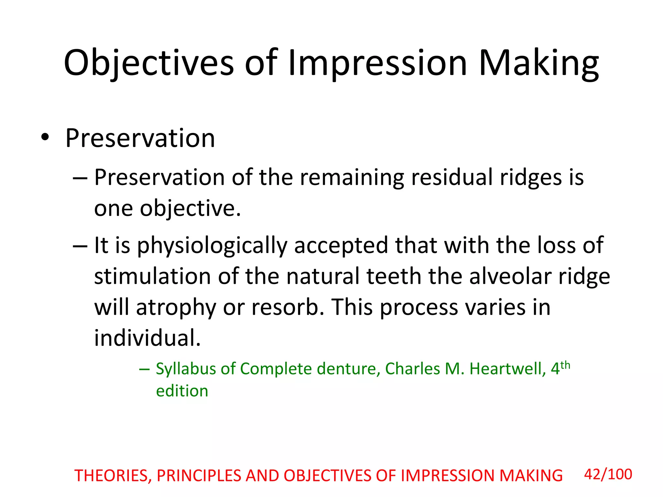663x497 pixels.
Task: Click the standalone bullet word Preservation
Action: pyautogui.click(x=140, y=138)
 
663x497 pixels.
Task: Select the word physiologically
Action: pyautogui.click(x=212, y=245)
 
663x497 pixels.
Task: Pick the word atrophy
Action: pyautogui.click(x=176, y=307)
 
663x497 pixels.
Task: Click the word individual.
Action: pyautogui.click(x=147, y=338)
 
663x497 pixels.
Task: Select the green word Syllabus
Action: pyautogui.click(x=186, y=369)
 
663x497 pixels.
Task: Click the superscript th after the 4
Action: pyautogui.click(x=565, y=365)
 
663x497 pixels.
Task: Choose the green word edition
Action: pyautogui.click(x=182, y=391)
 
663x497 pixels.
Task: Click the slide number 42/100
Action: pyautogui.click(x=608, y=474)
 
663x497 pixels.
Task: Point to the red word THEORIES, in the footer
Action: pyautogui.click(x=113, y=476)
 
